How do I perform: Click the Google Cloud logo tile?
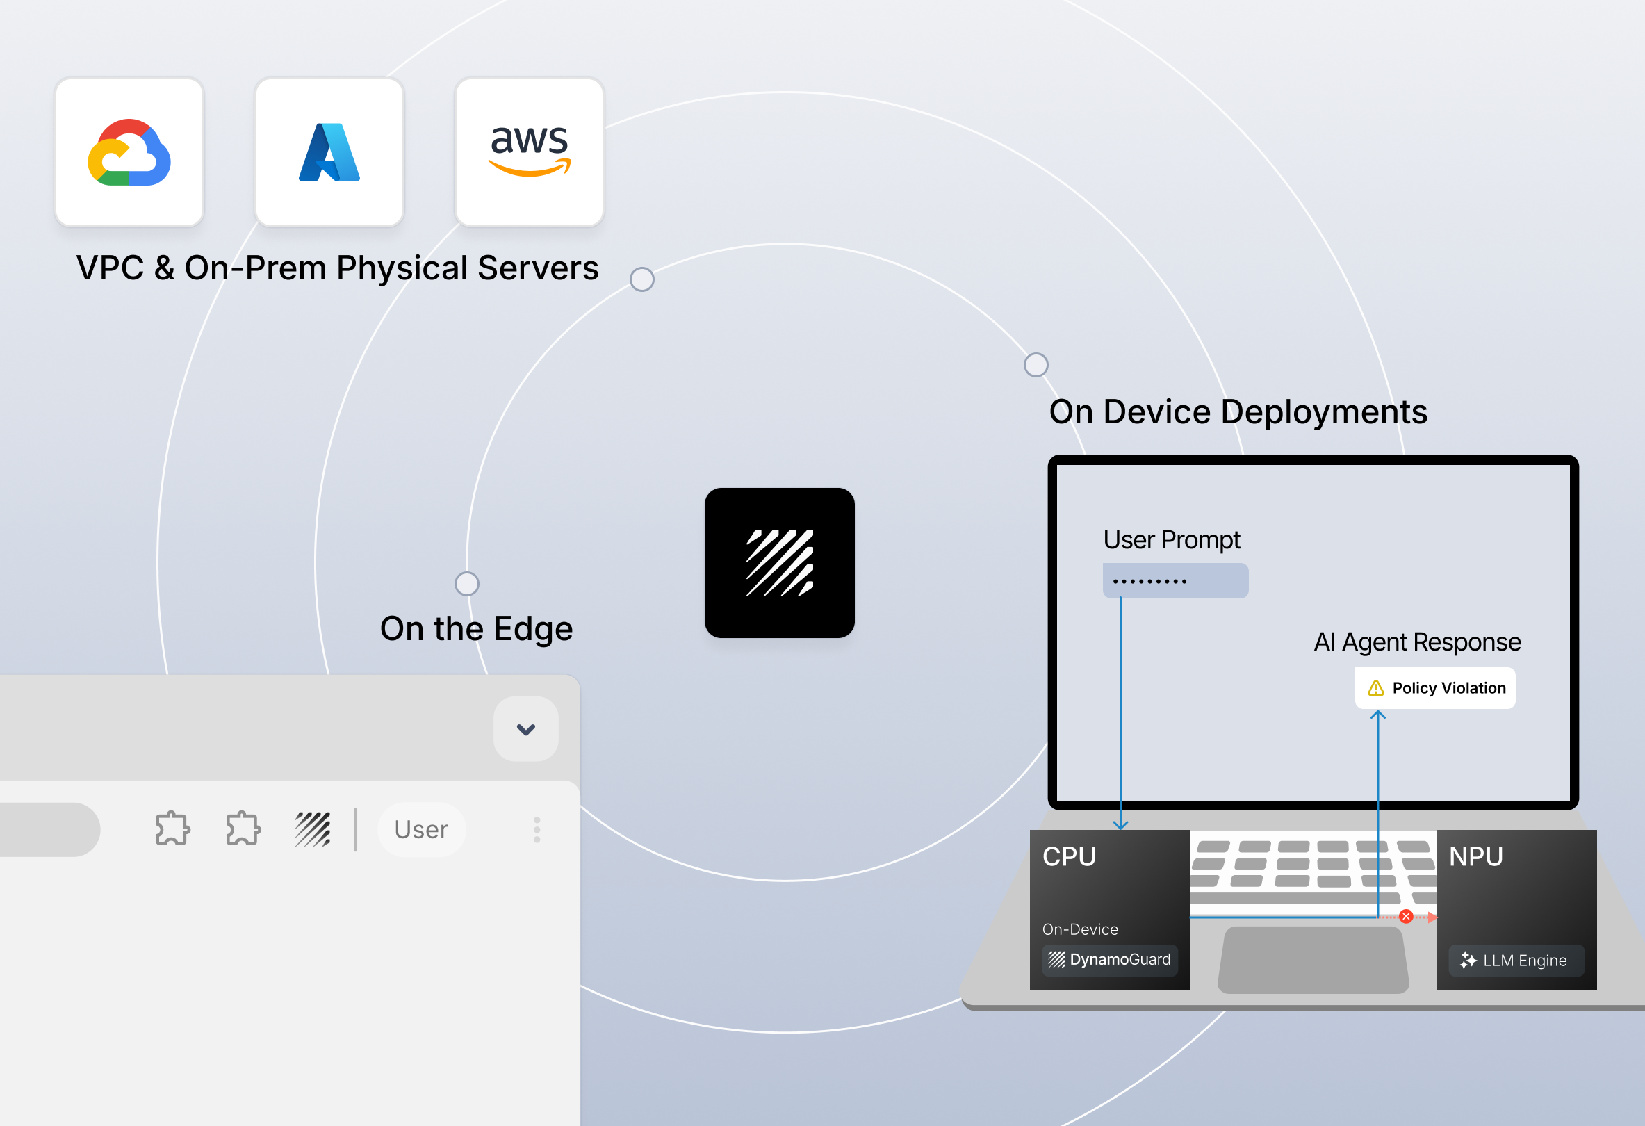click(129, 152)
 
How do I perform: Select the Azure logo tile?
click(329, 152)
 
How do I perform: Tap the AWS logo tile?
click(530, 152)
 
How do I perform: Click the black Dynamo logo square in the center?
click(779, 562)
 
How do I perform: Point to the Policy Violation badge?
click(1435, 688)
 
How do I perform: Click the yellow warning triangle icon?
click(1375, 688)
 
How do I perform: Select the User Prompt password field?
click(1175, 580)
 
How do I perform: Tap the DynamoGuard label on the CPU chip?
click(1110, 960)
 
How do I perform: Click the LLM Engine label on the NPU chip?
click(1516, 961)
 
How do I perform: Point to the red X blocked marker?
click(1406, 917)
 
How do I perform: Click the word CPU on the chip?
click(1069, 856)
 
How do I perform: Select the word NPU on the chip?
click(1476, 856)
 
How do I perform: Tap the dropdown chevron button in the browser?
click(526, 729)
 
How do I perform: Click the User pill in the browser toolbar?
click(421, 829)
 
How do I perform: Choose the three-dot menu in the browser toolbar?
click(537, 829)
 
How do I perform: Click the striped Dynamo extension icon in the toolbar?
click(313, 829)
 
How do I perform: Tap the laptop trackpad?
click(1313, 960)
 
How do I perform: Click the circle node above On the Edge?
click(466, 584)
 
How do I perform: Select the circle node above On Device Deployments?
click(1036, 364)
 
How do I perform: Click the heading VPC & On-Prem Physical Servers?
click(338, 268)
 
